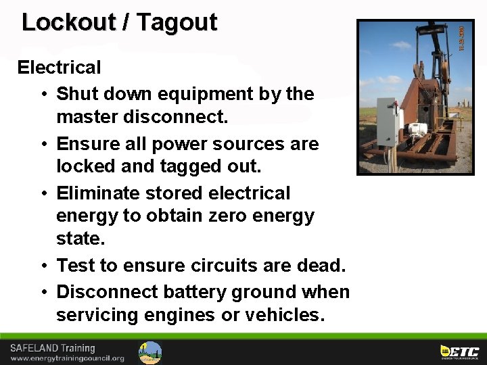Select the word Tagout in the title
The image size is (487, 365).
click(177, 22)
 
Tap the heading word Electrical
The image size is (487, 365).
click(59, 68)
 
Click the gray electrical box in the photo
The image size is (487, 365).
click(386, 122)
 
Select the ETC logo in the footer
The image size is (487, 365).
click(459, 351)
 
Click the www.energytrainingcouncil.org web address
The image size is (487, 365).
click(67, 358)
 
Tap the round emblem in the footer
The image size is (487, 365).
click(150, 352)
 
